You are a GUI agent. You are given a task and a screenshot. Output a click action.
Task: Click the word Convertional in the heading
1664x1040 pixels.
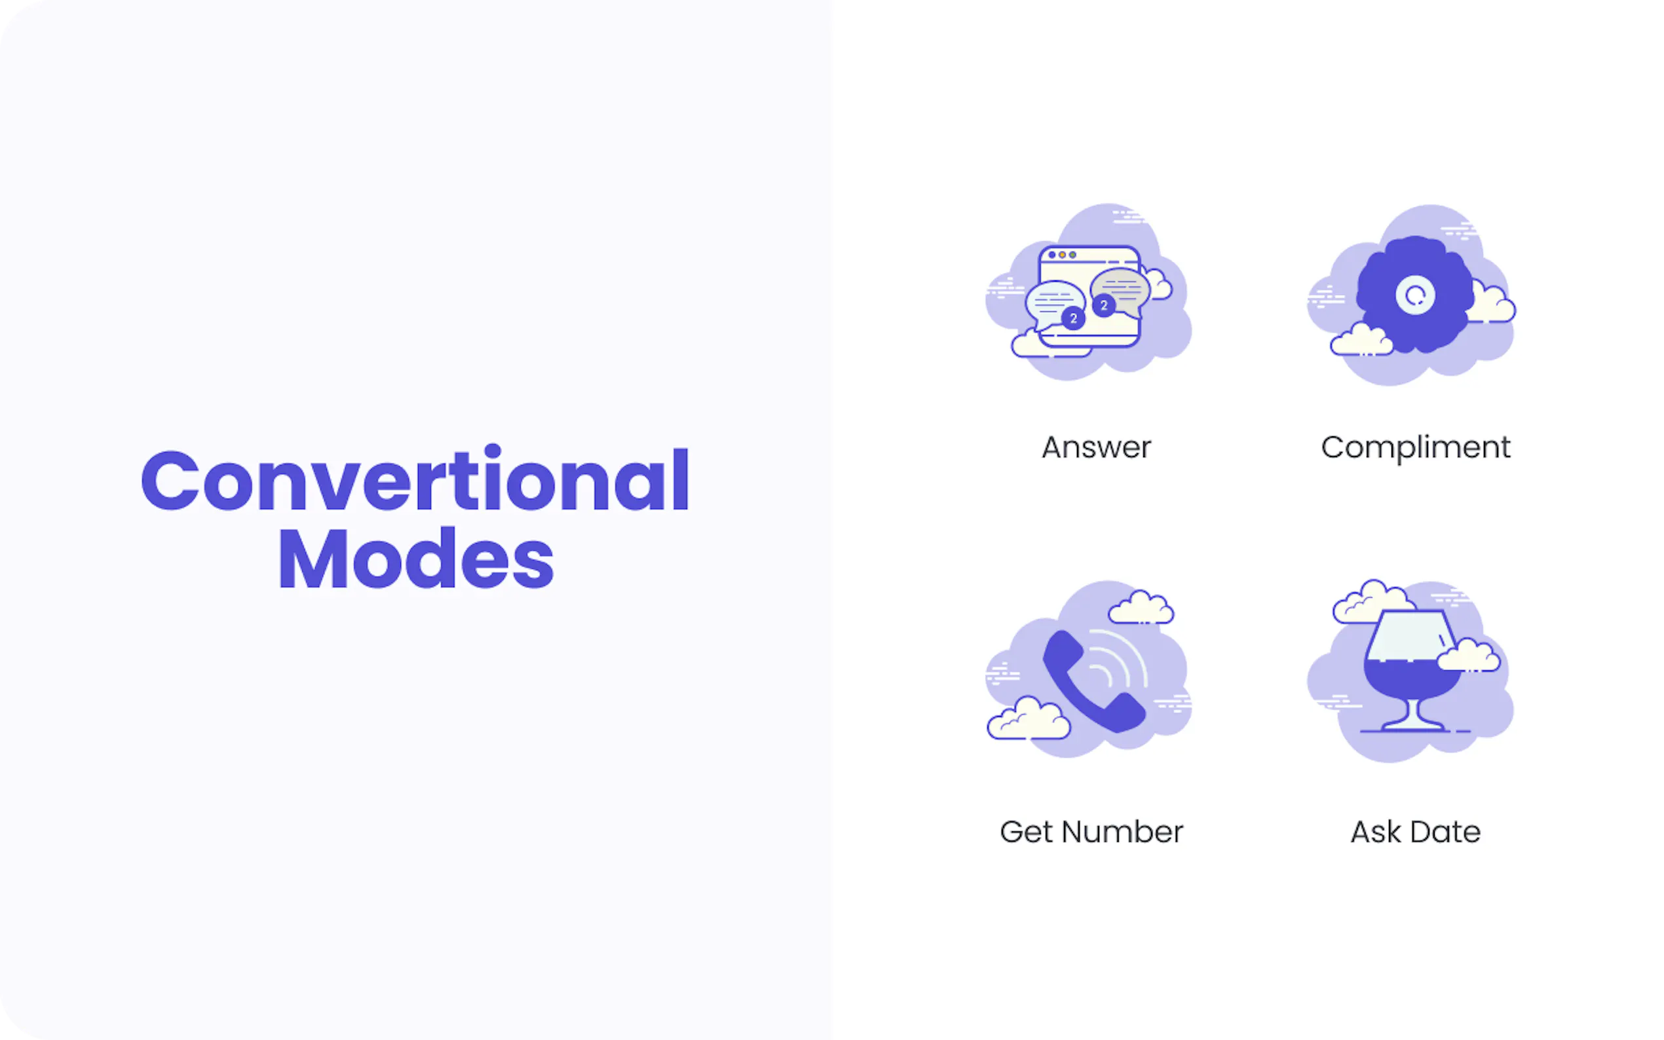(x=415, y=479)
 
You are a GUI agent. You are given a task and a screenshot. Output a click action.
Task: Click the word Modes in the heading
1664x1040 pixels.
(x=415, y=558)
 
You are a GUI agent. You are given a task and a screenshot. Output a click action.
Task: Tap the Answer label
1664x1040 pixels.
(x=1097, y=448)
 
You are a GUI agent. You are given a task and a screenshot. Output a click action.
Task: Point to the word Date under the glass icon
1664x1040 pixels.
(x=1445, y=832)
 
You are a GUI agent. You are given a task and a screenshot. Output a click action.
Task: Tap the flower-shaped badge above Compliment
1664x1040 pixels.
(x=1415, y=295)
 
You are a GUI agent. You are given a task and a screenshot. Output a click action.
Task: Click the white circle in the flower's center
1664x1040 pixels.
(x=1415, y=295)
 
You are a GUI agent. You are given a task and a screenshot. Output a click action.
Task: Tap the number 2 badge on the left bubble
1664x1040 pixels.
(x=1073, y=318)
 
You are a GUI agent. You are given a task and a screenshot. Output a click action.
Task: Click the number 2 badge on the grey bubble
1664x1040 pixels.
(x=1104, y=305)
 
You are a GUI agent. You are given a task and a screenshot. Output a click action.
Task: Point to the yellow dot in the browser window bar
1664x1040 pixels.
(x=1062, y=255)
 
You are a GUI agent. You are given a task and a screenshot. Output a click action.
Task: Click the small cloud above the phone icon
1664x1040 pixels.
(x=1141, y=607)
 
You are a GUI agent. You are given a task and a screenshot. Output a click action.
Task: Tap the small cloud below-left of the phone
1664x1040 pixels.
(x=1029, y=719)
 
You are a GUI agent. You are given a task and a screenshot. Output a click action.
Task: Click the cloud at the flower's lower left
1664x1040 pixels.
(x=1361, y=339)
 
